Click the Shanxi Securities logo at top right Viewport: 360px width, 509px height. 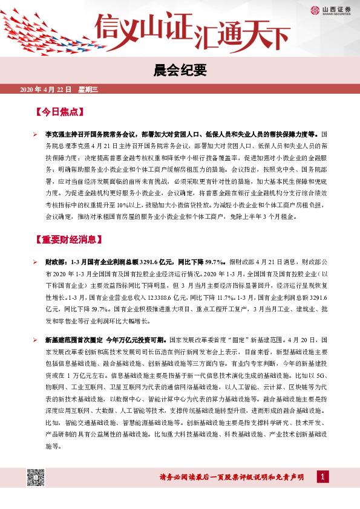pyautogui.click(x=332, y=9)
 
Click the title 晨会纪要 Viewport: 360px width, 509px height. pyautogui.click(x=180, y=71)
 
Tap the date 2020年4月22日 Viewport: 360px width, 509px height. pyautogui.click(x=45, y=89)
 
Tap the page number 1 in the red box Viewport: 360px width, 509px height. pyautogui.click(x=325, y=478)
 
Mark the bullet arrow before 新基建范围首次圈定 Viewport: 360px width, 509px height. pyautogui.click(x=36, y=340)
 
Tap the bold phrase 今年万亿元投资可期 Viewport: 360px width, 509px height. pyautogui.click(x=136, y=340)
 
